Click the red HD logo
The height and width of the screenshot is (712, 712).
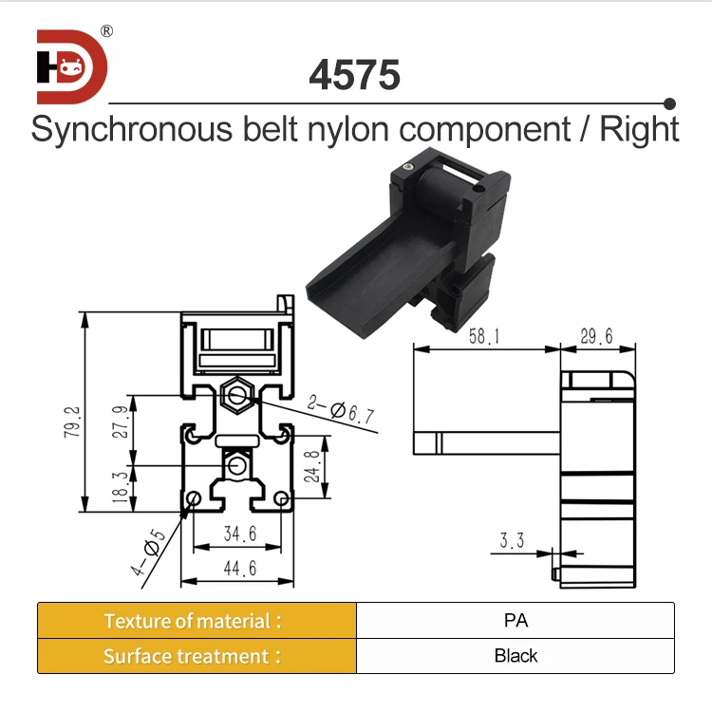pos(72,66)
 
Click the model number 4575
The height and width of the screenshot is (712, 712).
pos(355,76)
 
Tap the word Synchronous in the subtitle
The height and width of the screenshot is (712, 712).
pos(128,129)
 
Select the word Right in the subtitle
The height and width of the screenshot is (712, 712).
pos(639,129)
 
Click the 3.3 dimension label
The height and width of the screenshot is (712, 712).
pos(512,541)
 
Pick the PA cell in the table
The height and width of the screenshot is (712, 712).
pos(515,621)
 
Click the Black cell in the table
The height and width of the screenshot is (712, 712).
pos(515,656)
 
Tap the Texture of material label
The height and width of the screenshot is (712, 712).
pos(194,621)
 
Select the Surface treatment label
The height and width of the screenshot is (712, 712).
pos(194,656)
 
